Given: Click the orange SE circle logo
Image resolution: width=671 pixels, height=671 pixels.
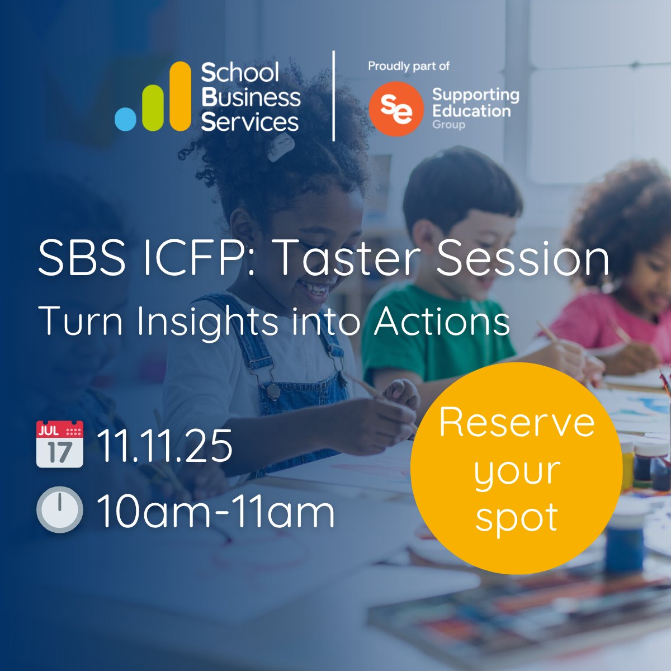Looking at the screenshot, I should pos(396,108).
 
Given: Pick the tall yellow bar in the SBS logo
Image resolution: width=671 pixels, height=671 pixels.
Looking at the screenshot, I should pos(179,96).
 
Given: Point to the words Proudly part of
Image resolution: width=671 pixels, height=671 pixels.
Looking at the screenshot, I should pos(409,66).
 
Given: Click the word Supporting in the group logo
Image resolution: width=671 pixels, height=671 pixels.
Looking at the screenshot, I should pos(475,94).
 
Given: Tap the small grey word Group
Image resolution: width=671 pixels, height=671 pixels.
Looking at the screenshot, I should pos(448,124).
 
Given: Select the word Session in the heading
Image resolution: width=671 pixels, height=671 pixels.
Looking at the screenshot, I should pos(522,259).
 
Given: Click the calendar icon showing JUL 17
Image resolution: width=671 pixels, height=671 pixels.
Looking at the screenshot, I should pos(60,444).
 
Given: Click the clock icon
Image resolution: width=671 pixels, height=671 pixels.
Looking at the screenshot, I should pos(60,509).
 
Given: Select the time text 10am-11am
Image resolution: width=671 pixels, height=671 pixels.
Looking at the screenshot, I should pos(216,511).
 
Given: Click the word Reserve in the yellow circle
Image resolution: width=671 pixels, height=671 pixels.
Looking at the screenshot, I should pos(517,423).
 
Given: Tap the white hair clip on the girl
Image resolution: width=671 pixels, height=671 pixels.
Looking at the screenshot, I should pos(281,147).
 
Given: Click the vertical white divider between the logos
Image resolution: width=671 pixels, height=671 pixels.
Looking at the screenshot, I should pos(334,96).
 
